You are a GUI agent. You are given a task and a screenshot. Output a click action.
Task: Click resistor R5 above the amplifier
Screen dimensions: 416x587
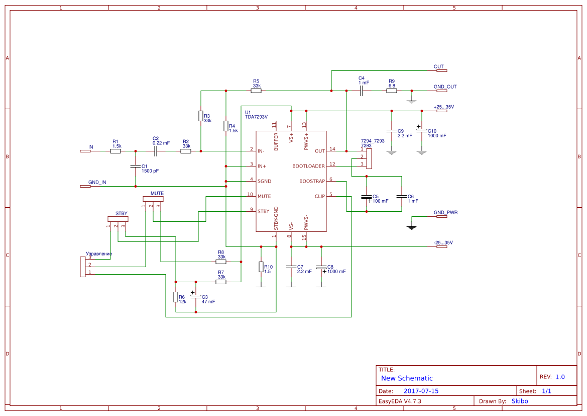point(256,91)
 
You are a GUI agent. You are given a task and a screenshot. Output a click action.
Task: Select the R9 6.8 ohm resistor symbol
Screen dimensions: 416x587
point(392,91)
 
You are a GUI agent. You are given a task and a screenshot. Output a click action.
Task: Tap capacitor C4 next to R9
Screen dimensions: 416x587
point(362,91)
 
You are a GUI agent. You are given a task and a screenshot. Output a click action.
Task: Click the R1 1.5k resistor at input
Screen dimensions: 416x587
point(115,151)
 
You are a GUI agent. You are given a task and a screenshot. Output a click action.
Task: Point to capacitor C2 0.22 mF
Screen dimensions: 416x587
point(156,151)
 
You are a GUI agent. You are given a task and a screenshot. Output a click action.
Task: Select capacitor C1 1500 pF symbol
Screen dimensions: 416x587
point(135,166)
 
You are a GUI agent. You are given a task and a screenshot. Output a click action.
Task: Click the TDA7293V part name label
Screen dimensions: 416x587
point(256,117)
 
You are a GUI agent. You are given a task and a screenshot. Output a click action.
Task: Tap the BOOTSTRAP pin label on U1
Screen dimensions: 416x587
point(312,181)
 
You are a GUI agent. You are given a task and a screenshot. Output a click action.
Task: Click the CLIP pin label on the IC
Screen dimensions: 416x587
point(319,196)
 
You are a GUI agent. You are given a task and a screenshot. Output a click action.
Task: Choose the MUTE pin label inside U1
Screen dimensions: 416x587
point(264,196)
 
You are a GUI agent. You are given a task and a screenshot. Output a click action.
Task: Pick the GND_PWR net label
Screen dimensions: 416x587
point(445,212)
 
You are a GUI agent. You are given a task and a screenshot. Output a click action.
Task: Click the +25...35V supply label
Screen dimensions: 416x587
point(443,107)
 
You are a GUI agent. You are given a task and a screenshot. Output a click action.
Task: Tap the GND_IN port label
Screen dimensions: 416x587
point(97,182)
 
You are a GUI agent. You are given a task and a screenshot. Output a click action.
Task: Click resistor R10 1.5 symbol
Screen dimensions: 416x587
point(261,267)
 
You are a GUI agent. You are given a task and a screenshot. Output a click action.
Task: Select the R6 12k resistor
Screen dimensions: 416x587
point(176,297)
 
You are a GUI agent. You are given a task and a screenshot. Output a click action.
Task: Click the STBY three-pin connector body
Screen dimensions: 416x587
point(118,219)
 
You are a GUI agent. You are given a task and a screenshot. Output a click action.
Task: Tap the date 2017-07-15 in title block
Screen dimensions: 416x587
point(421,391)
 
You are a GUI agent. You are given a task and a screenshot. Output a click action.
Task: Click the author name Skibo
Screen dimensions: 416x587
point(519,401)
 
